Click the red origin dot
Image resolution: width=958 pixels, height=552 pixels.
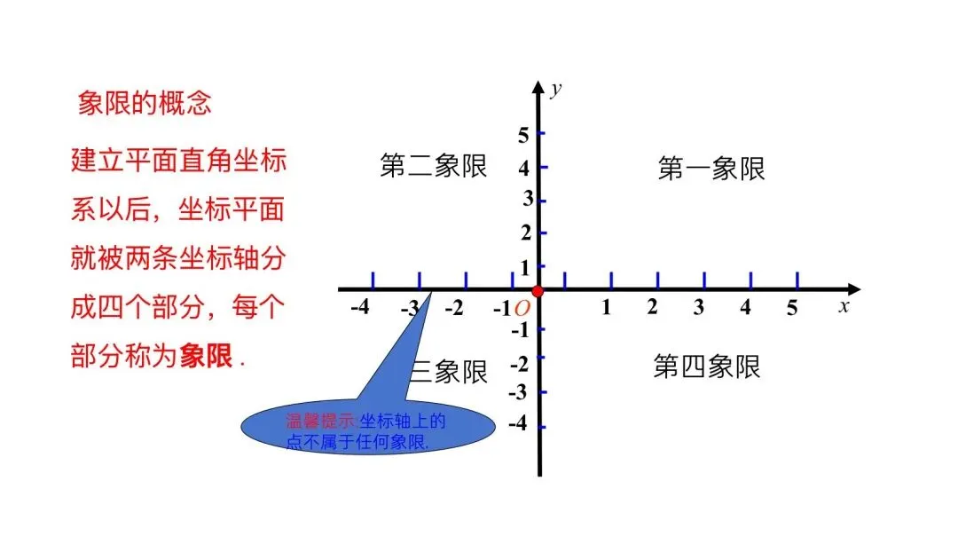point(538,290)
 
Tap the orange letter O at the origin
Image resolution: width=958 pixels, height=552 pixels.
point(522,308)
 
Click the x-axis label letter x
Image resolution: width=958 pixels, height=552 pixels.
point(844,306)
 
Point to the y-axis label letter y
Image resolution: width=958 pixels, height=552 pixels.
point(556,89)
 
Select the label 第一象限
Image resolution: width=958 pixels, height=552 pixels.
point(711,168)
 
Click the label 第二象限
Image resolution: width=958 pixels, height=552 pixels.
point(434,166)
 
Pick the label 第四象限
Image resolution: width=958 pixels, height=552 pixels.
point(707,367)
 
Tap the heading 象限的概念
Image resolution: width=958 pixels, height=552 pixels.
point(145,103)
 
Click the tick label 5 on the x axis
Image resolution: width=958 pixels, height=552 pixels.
point(792,308)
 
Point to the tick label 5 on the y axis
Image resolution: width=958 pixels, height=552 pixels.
point(523,135)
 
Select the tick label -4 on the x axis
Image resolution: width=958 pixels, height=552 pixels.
point(360,308)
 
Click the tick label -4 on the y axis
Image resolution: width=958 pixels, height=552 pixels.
point(518,424)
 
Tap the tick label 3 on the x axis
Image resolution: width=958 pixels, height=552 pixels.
point(699,308)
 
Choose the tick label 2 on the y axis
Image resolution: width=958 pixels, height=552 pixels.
point(525,233)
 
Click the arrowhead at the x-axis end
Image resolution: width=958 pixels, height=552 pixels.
point(852,289)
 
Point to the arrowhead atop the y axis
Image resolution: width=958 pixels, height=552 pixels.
point(538,86)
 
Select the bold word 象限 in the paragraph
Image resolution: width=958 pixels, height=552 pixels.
point(207,356)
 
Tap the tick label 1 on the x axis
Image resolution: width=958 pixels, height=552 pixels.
point(607,308)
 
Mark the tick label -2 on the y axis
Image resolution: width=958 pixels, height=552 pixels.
point(520,364)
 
